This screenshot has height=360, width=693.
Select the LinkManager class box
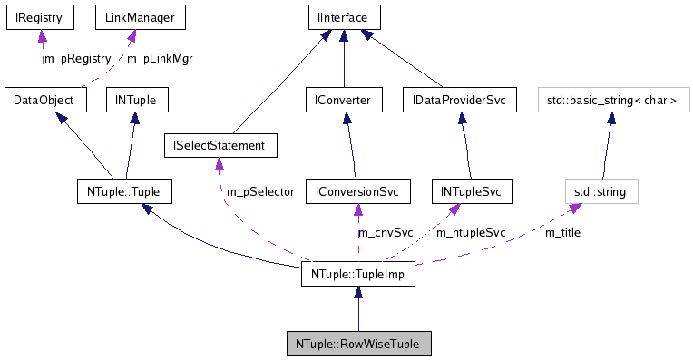coord(129,16)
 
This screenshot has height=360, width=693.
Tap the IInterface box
coord(344,16)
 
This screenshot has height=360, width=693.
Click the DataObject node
coord(44,100)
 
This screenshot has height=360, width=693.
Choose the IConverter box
coord(344,100)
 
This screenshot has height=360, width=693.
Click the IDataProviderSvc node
coord(458,100)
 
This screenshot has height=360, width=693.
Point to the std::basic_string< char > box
coord(609,100)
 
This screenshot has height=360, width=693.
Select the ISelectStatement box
coord(220,144)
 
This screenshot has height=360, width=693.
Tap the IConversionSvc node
coord(357,191)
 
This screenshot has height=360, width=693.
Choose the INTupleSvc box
coord(471,191)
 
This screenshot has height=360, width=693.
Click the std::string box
coord(601,191)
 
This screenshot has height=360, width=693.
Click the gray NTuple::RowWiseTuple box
coord(357,345)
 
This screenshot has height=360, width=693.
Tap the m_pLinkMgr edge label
coord(160,58)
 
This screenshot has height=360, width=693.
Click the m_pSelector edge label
coord(260,191)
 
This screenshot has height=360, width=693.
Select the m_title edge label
coord(562,232)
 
